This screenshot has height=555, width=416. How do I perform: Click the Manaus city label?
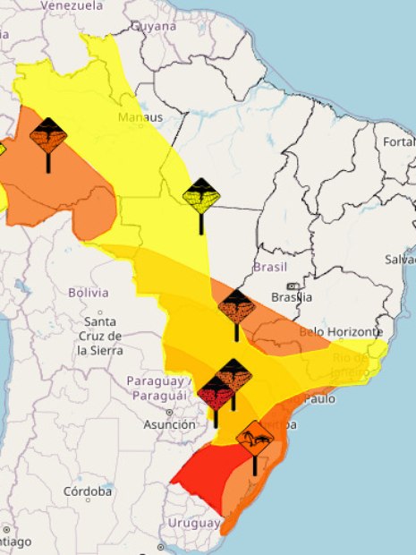tap(140, 117)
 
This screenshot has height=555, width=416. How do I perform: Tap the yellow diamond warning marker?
tap(201, 194)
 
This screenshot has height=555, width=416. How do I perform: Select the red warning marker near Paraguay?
tap(216, 392)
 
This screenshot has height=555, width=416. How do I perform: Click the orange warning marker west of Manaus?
tap(47, 136)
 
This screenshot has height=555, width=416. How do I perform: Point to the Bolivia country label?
tap(89, 293)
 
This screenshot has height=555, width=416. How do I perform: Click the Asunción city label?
tap(169, 424)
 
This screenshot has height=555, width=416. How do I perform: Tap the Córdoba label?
tap(88, 491)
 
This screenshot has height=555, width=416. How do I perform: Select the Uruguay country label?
tap(191, 523)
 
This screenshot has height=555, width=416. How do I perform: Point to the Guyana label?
tap(154, 26)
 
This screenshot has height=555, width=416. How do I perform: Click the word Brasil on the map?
tap(270, 268)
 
